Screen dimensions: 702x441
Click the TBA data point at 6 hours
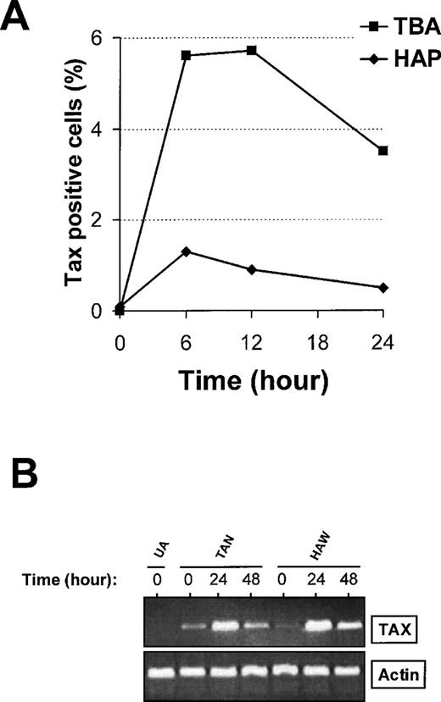tap(186, 55)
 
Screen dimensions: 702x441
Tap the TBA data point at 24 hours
tap(383, 151)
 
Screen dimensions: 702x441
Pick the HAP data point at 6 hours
tap(186, 252)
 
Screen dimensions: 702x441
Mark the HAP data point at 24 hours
tap(383, 288)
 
